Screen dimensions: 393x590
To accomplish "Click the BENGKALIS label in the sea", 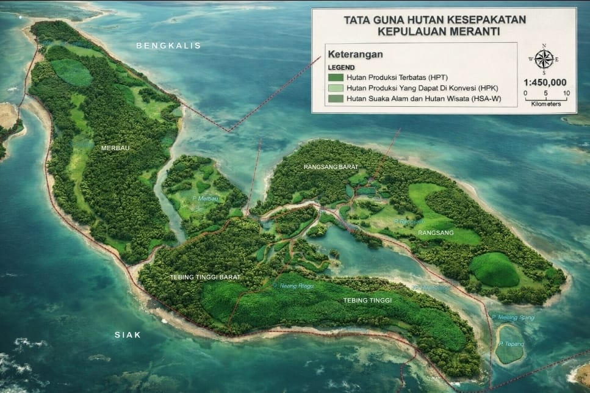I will [168, 46].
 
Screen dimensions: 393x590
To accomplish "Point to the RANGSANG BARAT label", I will [329, 166].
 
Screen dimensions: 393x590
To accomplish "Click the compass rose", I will [544, 59].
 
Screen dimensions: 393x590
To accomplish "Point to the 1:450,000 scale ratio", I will [545, 82].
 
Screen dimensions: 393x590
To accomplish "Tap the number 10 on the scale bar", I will [566, 93].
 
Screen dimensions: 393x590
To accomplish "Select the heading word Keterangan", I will [354, 54].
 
